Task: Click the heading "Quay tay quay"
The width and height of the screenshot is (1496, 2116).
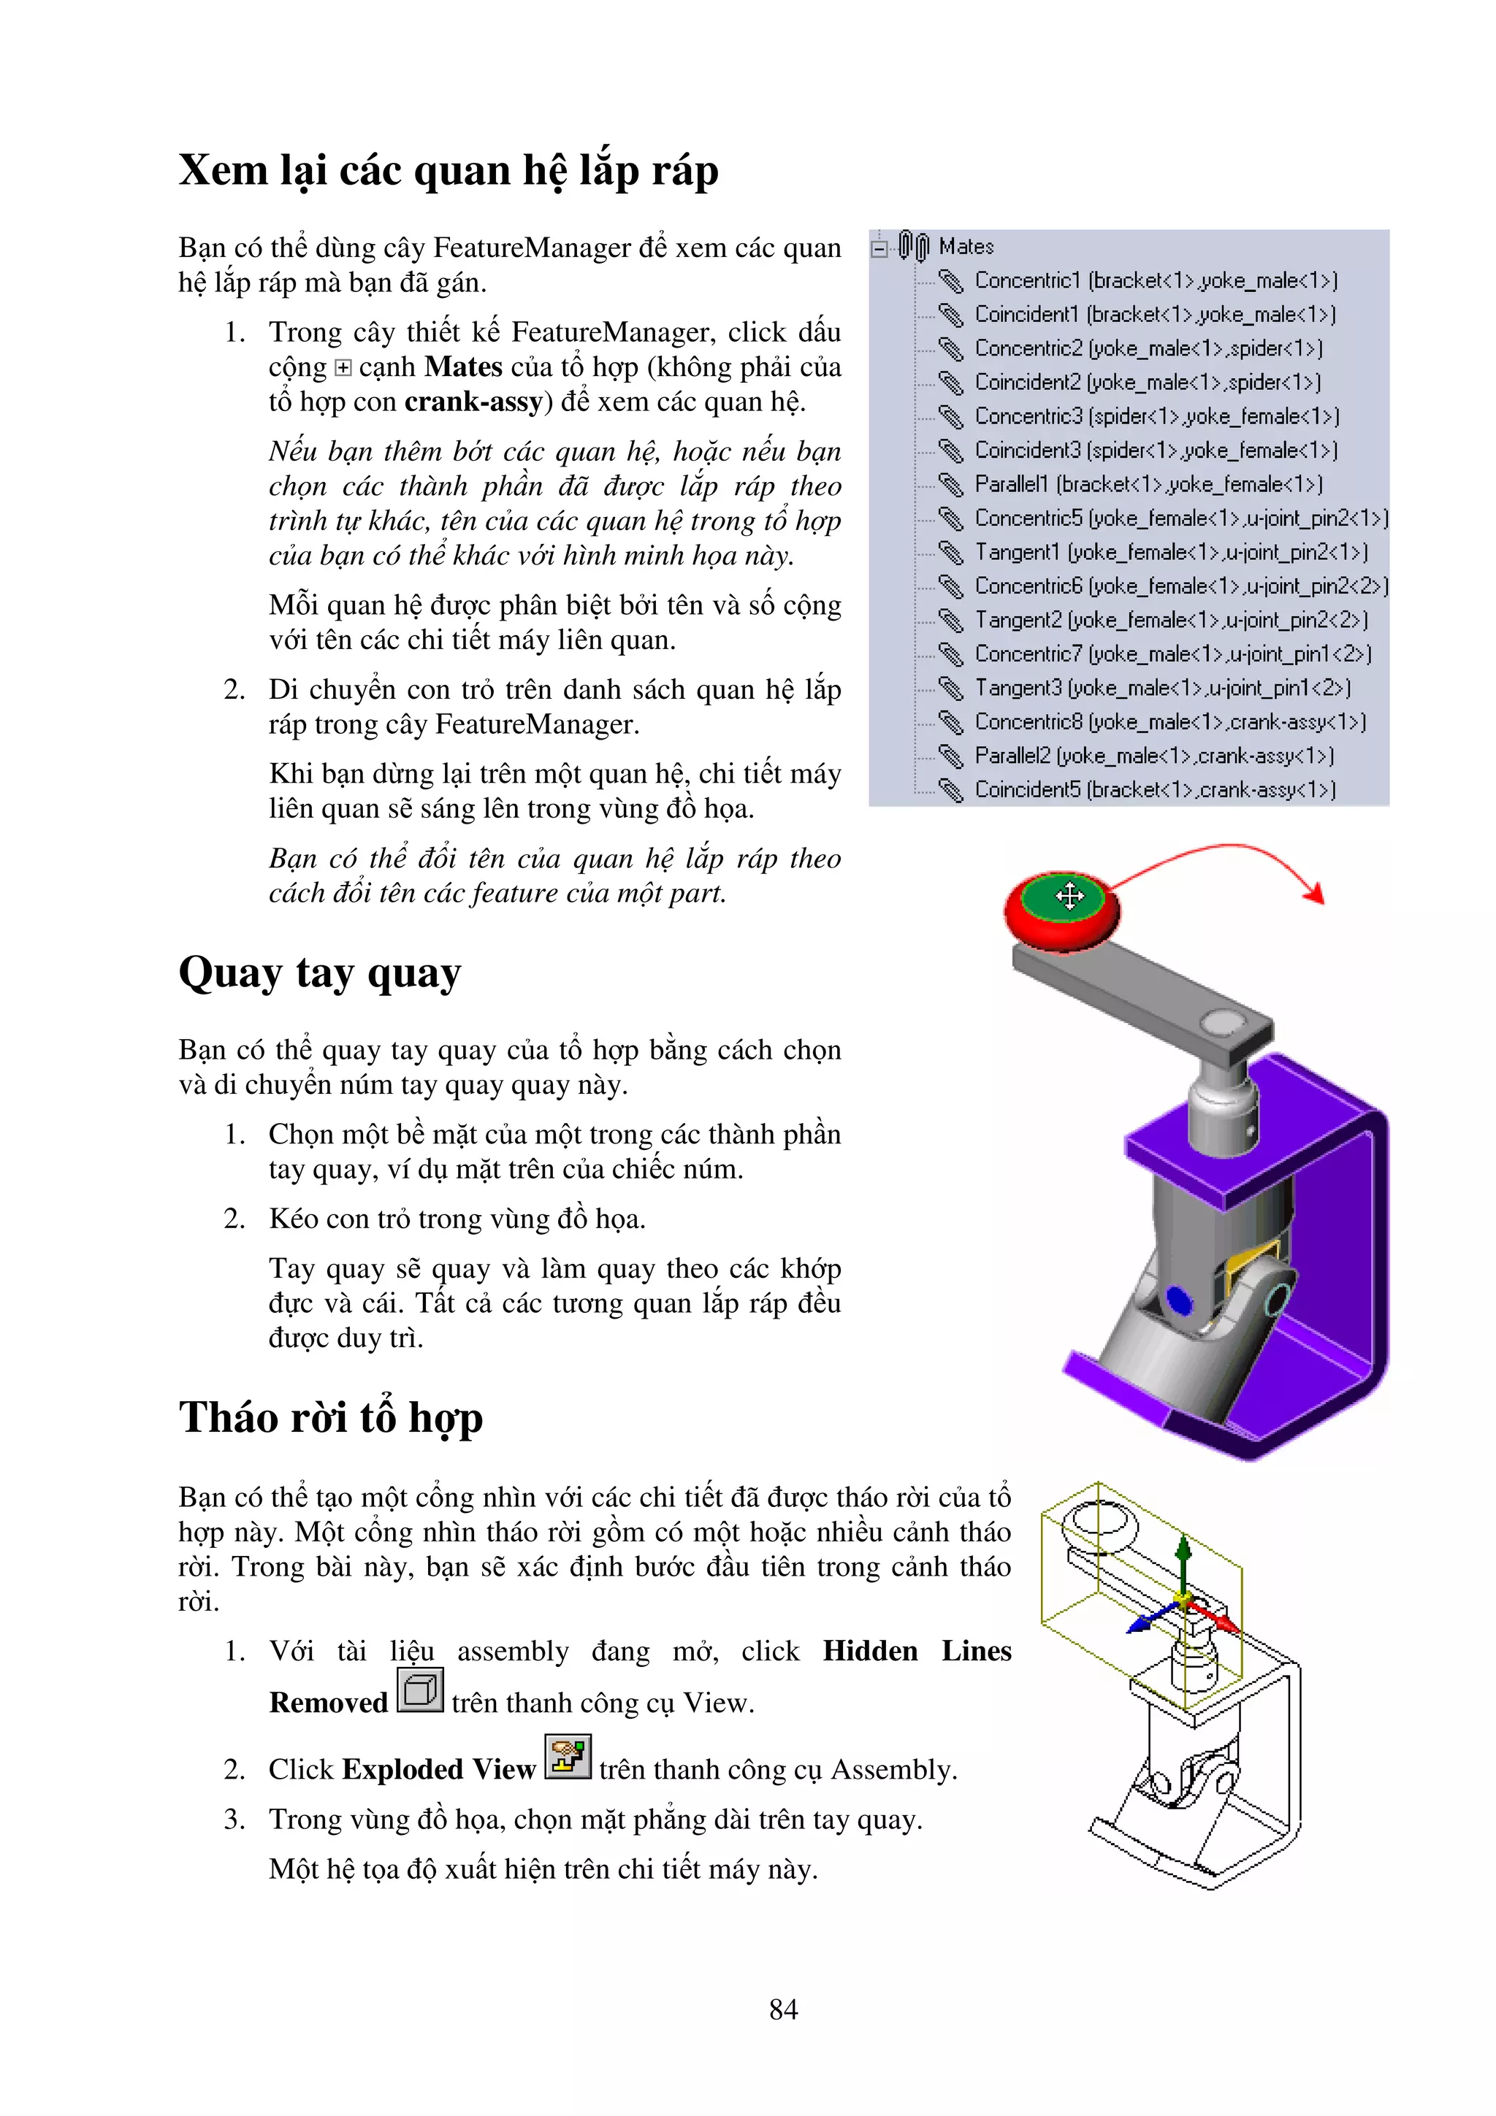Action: (x=319, y=974)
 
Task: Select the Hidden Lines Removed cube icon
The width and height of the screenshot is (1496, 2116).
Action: (x=420, y=1691)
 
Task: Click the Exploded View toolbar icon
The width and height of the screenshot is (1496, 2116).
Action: (x=567, y=1757)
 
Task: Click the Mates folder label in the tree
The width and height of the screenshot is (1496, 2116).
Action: (x=965, y=247)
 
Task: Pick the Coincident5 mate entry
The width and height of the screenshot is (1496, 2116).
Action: (x=1154, y=790)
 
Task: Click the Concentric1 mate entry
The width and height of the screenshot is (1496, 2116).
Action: (x=1155, y=280)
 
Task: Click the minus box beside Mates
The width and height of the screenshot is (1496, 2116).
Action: (x=880, y=248)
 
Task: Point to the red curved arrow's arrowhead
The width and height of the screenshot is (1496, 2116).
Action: (x=1317, y=892)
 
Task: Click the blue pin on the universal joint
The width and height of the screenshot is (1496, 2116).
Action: (x=1178, y=1300)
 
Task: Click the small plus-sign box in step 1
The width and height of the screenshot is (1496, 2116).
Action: (x=343, y=369)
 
